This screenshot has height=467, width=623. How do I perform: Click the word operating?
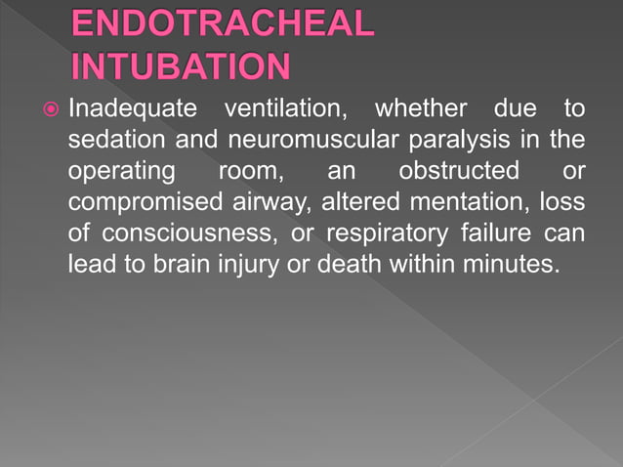click(x=115, y=172)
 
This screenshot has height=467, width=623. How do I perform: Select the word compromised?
click(x=143, y=203)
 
